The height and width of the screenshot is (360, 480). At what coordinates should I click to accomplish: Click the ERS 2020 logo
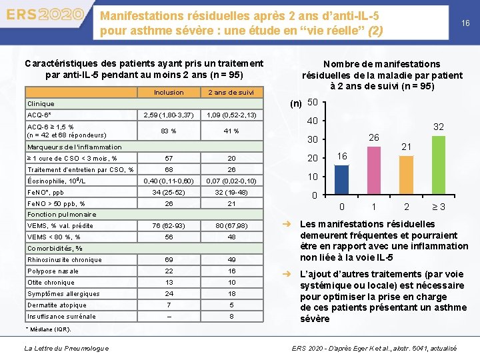(45, 15)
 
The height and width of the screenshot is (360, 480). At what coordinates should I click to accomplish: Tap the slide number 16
(465, 23)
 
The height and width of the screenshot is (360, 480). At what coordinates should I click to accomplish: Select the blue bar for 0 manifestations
(341, 180)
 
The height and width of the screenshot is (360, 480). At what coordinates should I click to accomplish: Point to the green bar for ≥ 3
(438, 165)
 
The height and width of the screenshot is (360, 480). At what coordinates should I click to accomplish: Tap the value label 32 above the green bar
(438, 127)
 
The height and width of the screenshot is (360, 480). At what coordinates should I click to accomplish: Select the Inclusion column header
(169, 93)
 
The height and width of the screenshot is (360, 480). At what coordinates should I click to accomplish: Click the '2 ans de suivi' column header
(231, 93)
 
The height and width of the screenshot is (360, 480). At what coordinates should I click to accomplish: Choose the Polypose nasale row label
(53, 271)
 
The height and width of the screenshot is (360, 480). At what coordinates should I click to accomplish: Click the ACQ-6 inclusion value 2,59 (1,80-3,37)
(169, 115)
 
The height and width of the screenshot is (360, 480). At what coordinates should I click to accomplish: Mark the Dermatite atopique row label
(57, 305)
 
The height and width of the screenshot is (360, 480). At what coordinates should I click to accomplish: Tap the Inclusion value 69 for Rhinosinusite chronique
(169, 260)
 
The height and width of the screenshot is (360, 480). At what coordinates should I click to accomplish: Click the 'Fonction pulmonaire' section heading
(61, 215)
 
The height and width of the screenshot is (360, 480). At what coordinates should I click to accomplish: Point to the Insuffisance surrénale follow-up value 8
(231, 317)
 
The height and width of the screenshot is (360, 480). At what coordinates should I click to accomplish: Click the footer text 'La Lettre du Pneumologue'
(67, 348)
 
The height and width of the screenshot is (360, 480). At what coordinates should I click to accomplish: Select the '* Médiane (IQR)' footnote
(48, 329)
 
